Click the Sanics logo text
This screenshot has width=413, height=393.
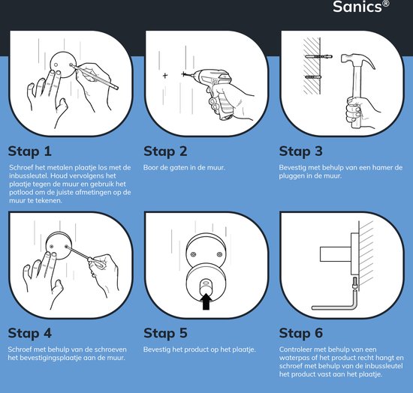[x=360, y=6]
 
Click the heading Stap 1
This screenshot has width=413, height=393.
[x=29, y=151]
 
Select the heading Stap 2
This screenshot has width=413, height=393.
[x=165, y=151]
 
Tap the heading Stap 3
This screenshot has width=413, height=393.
[x=301, y=151]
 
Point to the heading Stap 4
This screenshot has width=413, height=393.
[x=30, y=333]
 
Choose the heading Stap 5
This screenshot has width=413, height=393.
[x=165, y=333]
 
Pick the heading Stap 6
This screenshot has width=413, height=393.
[x=301, y=333]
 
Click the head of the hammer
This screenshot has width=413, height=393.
[x=357, y=61]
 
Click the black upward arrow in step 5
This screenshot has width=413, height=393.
[x=206, y=301]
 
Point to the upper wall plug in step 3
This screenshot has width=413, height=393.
[x=318, y=56]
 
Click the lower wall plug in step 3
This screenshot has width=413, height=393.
[x=313, y=77]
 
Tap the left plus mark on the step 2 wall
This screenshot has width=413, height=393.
[x=165, y=76]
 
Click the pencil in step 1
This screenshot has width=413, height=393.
[x=94, y=76]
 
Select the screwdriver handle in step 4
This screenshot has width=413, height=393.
[x=95, y=262]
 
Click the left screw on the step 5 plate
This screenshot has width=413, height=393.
[x=194, y=254]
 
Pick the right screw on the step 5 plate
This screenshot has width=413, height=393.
[x=219, y=254]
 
